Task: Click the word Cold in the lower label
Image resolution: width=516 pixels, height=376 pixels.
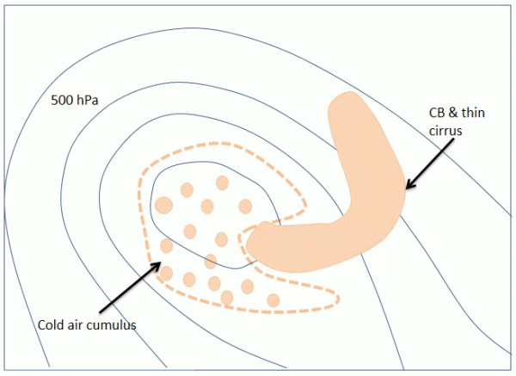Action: click(52, 324)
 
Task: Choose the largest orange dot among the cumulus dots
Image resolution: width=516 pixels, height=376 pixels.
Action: click(163, 205)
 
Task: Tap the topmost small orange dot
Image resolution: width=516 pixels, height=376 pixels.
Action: click(222, 182)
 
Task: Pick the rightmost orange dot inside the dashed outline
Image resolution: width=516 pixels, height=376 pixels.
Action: click(273, 299)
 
